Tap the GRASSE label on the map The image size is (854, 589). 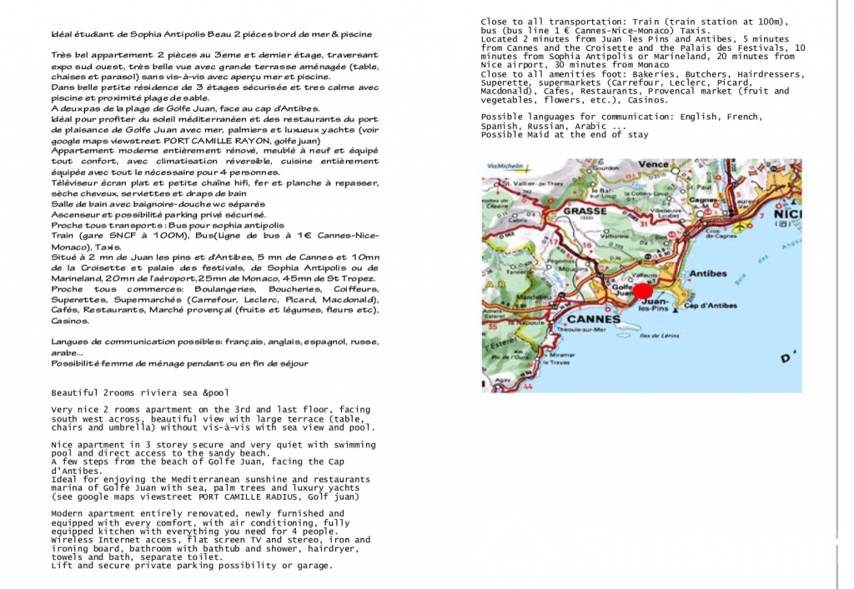[x=585, y=211]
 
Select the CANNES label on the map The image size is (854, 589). [x=593, y=318]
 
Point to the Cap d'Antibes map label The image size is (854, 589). [x=711, y=306]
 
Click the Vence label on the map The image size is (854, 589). [x=654, y=164]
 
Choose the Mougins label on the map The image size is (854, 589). [x=569, y=268]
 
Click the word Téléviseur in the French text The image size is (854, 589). [x=79, y=182]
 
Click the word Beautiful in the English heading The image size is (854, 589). [x=74, y=392]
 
